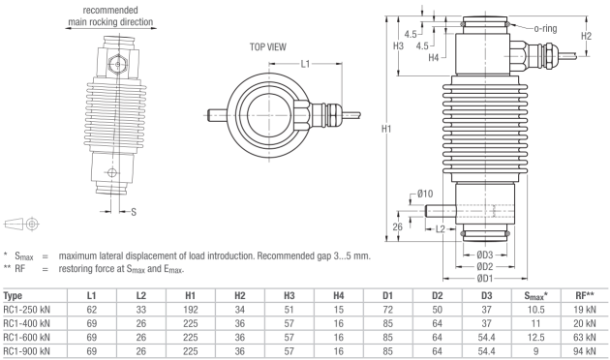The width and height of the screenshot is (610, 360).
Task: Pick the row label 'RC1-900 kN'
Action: [x=35, y=352]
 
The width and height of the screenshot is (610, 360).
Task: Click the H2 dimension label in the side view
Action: [x=586, y=36]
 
